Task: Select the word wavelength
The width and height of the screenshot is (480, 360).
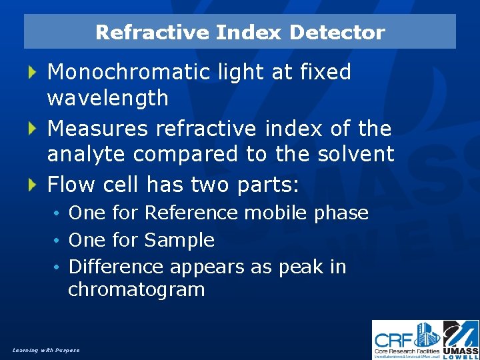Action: pos(107,99)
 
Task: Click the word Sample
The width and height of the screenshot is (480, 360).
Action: pos(179,240)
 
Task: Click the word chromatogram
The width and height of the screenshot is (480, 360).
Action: pos(136,290)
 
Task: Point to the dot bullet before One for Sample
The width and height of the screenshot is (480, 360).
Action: pos(59,241)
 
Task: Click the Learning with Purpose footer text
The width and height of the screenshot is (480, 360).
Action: pos(46,350)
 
